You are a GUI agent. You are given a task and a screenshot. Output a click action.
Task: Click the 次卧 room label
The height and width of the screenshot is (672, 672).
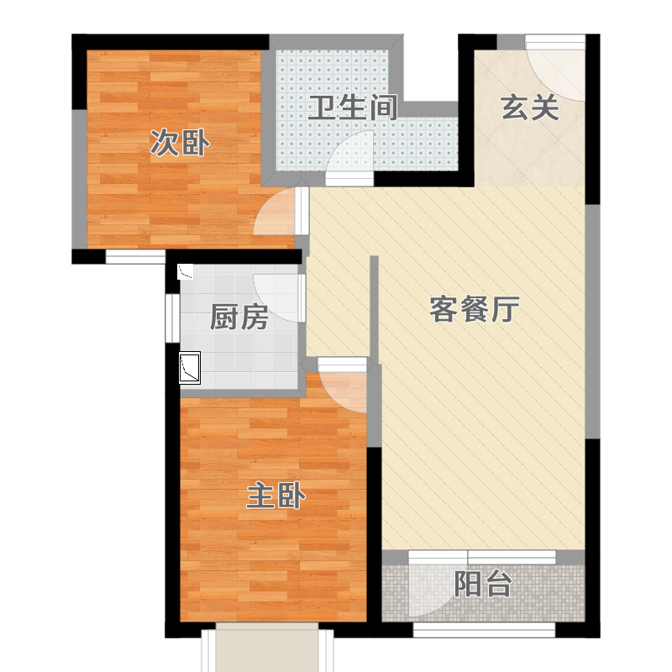pos(180,144)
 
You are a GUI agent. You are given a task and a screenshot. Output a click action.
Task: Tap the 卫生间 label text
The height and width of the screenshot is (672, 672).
pos(352,108)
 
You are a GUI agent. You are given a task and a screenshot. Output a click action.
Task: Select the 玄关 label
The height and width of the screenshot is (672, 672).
pos(530,108)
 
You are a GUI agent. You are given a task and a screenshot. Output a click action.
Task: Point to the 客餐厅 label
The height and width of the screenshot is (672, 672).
pos(475,309)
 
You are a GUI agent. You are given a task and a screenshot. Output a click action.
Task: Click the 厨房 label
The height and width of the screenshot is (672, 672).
pos(239,318)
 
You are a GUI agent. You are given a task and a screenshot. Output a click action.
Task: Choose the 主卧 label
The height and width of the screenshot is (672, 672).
pos(276,496)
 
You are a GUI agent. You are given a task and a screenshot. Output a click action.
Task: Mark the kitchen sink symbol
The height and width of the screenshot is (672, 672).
pos(190,368)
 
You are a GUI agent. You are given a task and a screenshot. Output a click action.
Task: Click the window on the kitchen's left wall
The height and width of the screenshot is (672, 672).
pos(173,318)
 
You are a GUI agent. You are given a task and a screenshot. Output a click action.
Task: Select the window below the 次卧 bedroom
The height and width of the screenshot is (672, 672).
pos(135,257)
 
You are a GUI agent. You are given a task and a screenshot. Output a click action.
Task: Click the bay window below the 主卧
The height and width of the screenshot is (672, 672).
pos(267,647)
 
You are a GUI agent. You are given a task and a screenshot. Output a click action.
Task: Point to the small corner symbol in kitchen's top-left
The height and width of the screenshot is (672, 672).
pos(186,271)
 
